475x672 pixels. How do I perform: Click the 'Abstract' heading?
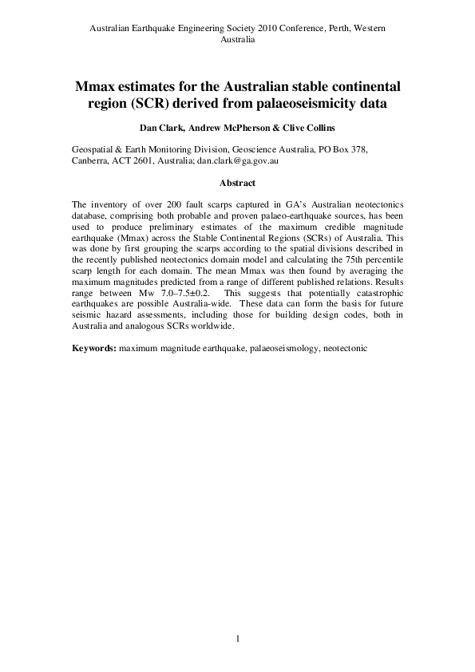point(237,183)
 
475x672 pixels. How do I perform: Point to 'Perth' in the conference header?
point(336,27)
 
